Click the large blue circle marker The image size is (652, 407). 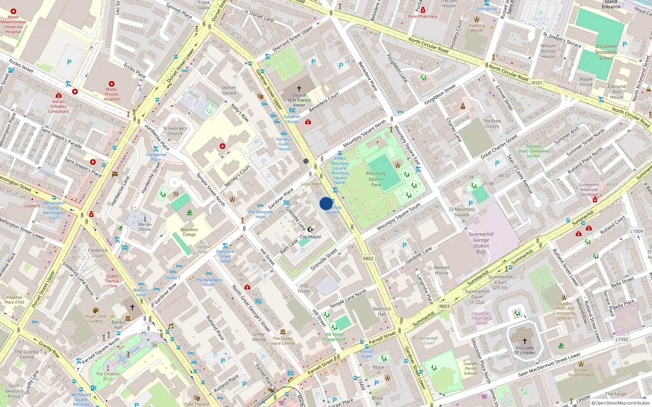point(326,203)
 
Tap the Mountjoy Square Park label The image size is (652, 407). point(376,179)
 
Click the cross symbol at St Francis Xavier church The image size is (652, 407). point(299,88)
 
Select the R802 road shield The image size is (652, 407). point(368,258)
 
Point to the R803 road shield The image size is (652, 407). point(444,306)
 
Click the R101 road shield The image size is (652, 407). point(537,83)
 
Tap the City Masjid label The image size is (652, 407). point(310,236)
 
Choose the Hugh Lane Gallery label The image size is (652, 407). point(96,319)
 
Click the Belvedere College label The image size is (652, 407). point(189,232)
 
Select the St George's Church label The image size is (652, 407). point(175,131)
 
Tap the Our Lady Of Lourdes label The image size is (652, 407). point(524,350)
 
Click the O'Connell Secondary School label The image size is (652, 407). point(606,52)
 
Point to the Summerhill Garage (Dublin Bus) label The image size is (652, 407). point(481,243)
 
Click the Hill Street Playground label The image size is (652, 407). point(334,337)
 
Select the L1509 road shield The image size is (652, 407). point(637,231)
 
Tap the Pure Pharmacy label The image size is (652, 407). point(423,16)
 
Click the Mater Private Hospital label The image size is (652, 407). point(111,94)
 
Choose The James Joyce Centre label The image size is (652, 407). point(282,341)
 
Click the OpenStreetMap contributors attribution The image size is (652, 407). point(620,403)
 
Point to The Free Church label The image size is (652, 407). point(491,124)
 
